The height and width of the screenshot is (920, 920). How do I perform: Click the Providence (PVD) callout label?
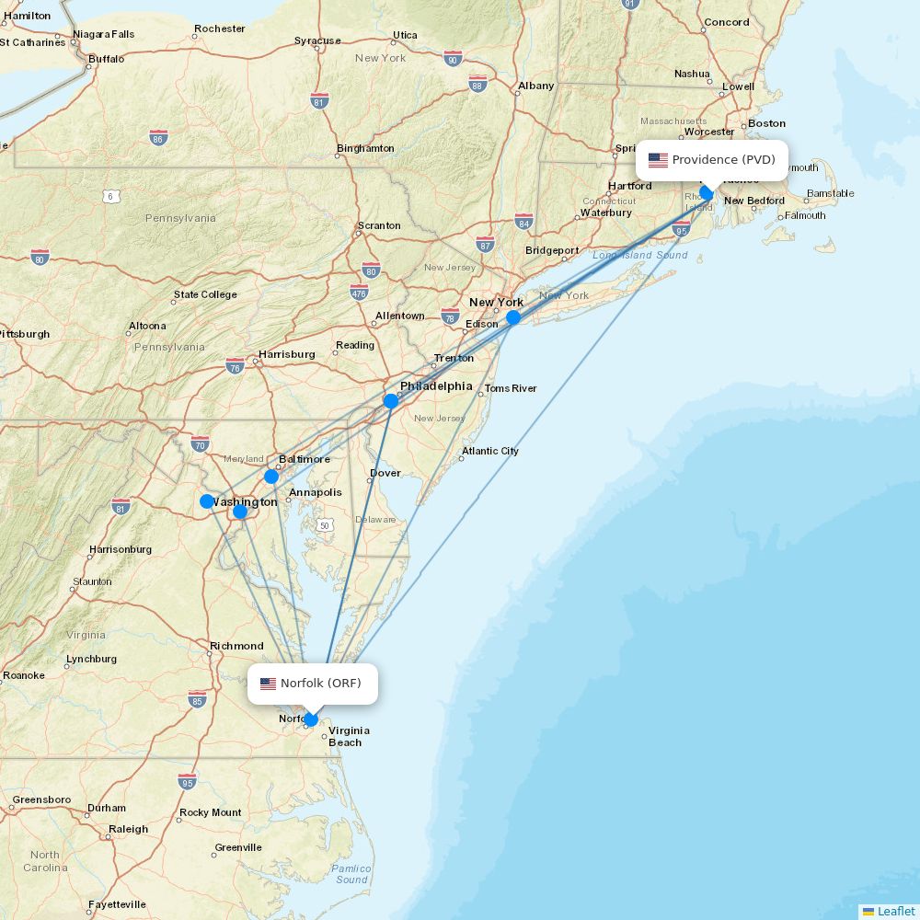tap(712, 160)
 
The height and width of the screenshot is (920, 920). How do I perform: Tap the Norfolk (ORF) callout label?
tap(313, 684)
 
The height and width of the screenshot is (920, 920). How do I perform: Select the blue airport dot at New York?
tap(513, 317)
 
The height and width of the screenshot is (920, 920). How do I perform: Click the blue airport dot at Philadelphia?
tap(391, 401)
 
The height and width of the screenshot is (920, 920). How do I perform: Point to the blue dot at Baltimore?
tap(271, 477)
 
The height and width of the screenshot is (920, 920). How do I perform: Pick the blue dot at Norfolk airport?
tap(312, 719)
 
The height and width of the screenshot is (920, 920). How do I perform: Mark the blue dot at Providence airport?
tap(707, 193)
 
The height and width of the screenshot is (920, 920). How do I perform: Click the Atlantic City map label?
tap(490, 451)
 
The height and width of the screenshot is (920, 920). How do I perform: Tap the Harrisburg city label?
tap(286, 354)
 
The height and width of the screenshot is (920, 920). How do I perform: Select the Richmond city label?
tap(236, 646)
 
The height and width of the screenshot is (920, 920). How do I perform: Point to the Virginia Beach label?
tap(349, 736)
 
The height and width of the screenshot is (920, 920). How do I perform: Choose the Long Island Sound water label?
tap(640, 255)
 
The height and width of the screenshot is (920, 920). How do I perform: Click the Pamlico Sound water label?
tap(351, 874)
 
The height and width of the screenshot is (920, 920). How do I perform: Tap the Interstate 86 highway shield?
tap(158, 138)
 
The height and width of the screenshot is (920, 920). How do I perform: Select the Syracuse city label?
tap(317, 40)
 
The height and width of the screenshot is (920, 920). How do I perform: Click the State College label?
tap(205, 294)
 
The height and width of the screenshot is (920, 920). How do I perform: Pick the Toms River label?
tap(511, 388)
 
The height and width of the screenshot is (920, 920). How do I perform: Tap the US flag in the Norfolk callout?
tap(269, 684)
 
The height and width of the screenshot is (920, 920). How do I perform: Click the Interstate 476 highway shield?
tap(359, 293)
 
